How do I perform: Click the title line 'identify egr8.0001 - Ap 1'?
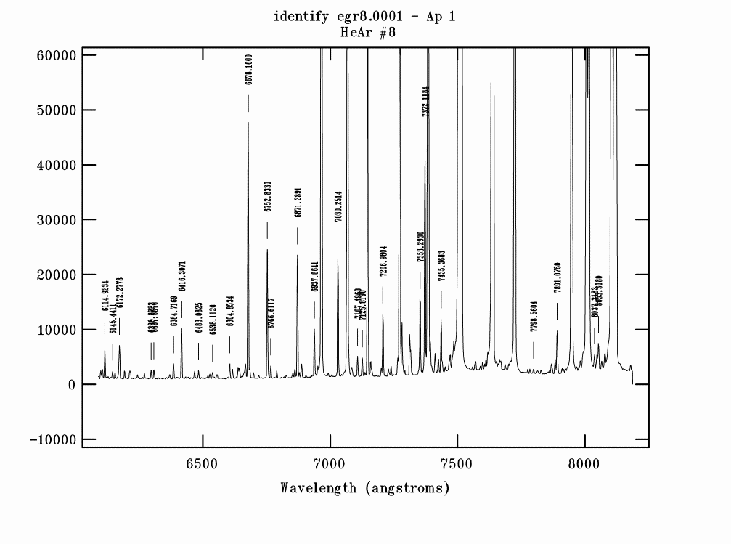pyautogui.click(x=364, y=17)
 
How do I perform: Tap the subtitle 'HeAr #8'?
pyautogui.click(x=364, y=32)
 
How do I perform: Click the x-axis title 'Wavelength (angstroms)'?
pyautogui.click(x=365, y=488)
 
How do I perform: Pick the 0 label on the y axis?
pyautogui.click(x=72, y=385)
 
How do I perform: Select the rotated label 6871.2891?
pyautogui.click(x=298, y=203)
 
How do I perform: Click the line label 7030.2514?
pyautogui.click(x=338, y=206)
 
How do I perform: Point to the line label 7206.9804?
pyautogui.click(x=383, y=261)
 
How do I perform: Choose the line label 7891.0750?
pyautogui.click(x=558, y=277)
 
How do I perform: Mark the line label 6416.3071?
pyautogui.click(x=182, y=277)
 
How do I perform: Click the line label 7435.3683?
pyautogui.click(x=441, y=267)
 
